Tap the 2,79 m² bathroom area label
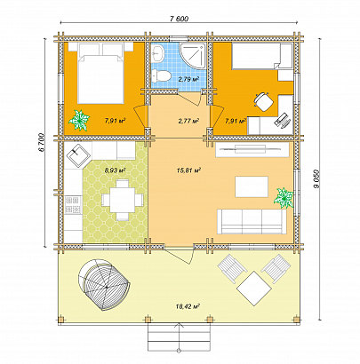click(188, 80)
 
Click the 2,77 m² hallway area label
click(187, 120)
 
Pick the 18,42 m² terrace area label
click(188, 306)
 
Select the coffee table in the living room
click(252, 187)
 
